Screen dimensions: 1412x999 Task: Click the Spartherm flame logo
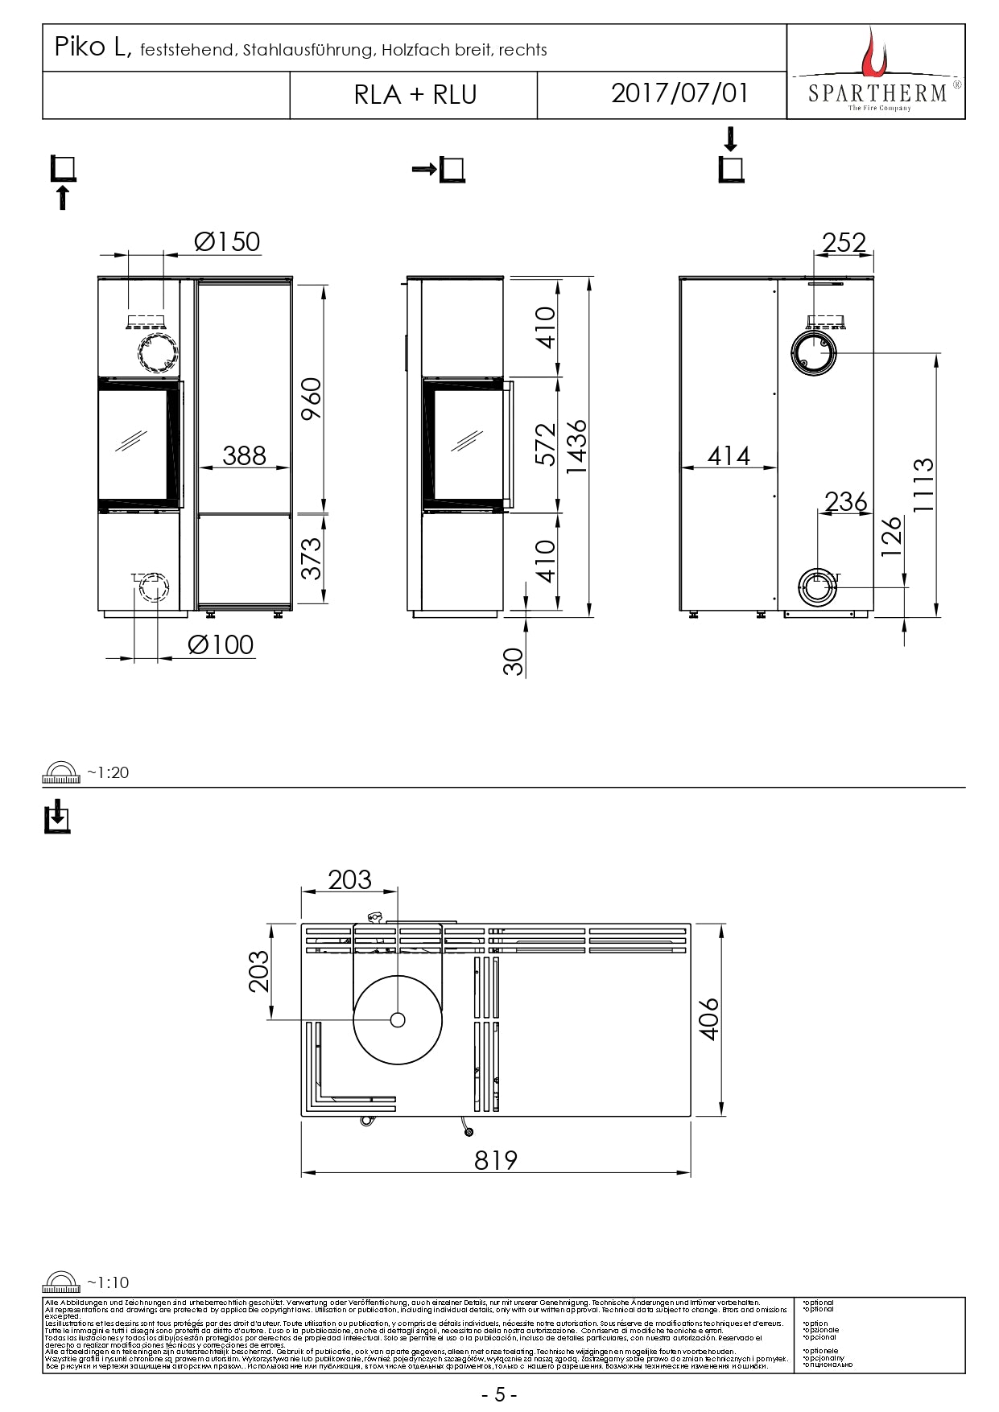coord(873,53)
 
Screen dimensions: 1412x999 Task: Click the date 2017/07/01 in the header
coord(679,93)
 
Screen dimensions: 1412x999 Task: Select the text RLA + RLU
coord(415,95)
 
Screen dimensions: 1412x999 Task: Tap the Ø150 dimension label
coord(227,241)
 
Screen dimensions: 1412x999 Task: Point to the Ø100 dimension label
coord(220,644)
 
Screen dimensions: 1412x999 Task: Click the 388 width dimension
coord(244,455)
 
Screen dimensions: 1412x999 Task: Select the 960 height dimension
coord(311,398)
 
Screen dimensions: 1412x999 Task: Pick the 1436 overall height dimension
coord(576,447)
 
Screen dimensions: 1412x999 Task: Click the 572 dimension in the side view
coord(545,444)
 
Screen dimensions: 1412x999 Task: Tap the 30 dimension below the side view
coord(513,661)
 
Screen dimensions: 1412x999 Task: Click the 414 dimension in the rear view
coord(729,456)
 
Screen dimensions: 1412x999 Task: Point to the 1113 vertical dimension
coord(923,485)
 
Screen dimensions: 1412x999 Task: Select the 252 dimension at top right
coord(844,242)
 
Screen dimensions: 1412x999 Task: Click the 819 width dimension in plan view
coord(495,1159)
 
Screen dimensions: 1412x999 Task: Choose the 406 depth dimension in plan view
coord(709,1019)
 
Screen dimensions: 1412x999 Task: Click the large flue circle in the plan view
coord(397,1019)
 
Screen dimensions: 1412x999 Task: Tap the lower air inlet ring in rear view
coord(817,588)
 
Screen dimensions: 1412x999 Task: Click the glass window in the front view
coord(133,443)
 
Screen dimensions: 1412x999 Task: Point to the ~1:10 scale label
coord(107,1282)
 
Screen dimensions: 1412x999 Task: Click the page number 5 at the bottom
coord(499,1394)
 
